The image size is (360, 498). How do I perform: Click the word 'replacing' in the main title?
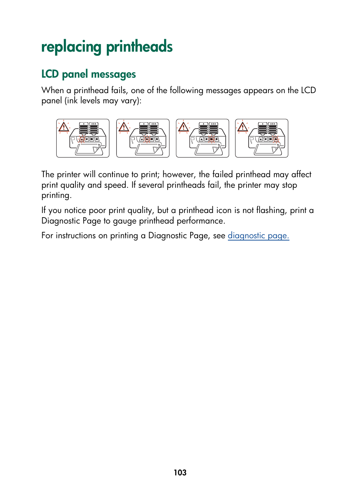71,47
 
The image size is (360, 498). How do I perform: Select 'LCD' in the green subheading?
50,74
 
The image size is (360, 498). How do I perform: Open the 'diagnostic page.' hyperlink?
258,236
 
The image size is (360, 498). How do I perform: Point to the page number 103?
180,472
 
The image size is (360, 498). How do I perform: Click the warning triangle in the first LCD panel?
64,127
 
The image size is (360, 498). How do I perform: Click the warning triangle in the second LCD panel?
124,127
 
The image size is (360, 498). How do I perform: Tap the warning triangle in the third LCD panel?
183,127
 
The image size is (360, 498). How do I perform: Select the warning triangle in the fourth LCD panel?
243,127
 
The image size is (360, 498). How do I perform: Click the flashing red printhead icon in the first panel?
82,139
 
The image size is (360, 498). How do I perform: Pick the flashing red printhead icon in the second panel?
147,139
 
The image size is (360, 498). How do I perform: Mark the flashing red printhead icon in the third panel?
212,139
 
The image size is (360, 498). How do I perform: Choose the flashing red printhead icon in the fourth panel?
276,139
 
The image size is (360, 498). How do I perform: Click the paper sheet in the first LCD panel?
88,150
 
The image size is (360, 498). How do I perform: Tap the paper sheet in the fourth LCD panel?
266,150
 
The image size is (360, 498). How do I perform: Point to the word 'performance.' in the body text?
201,221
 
